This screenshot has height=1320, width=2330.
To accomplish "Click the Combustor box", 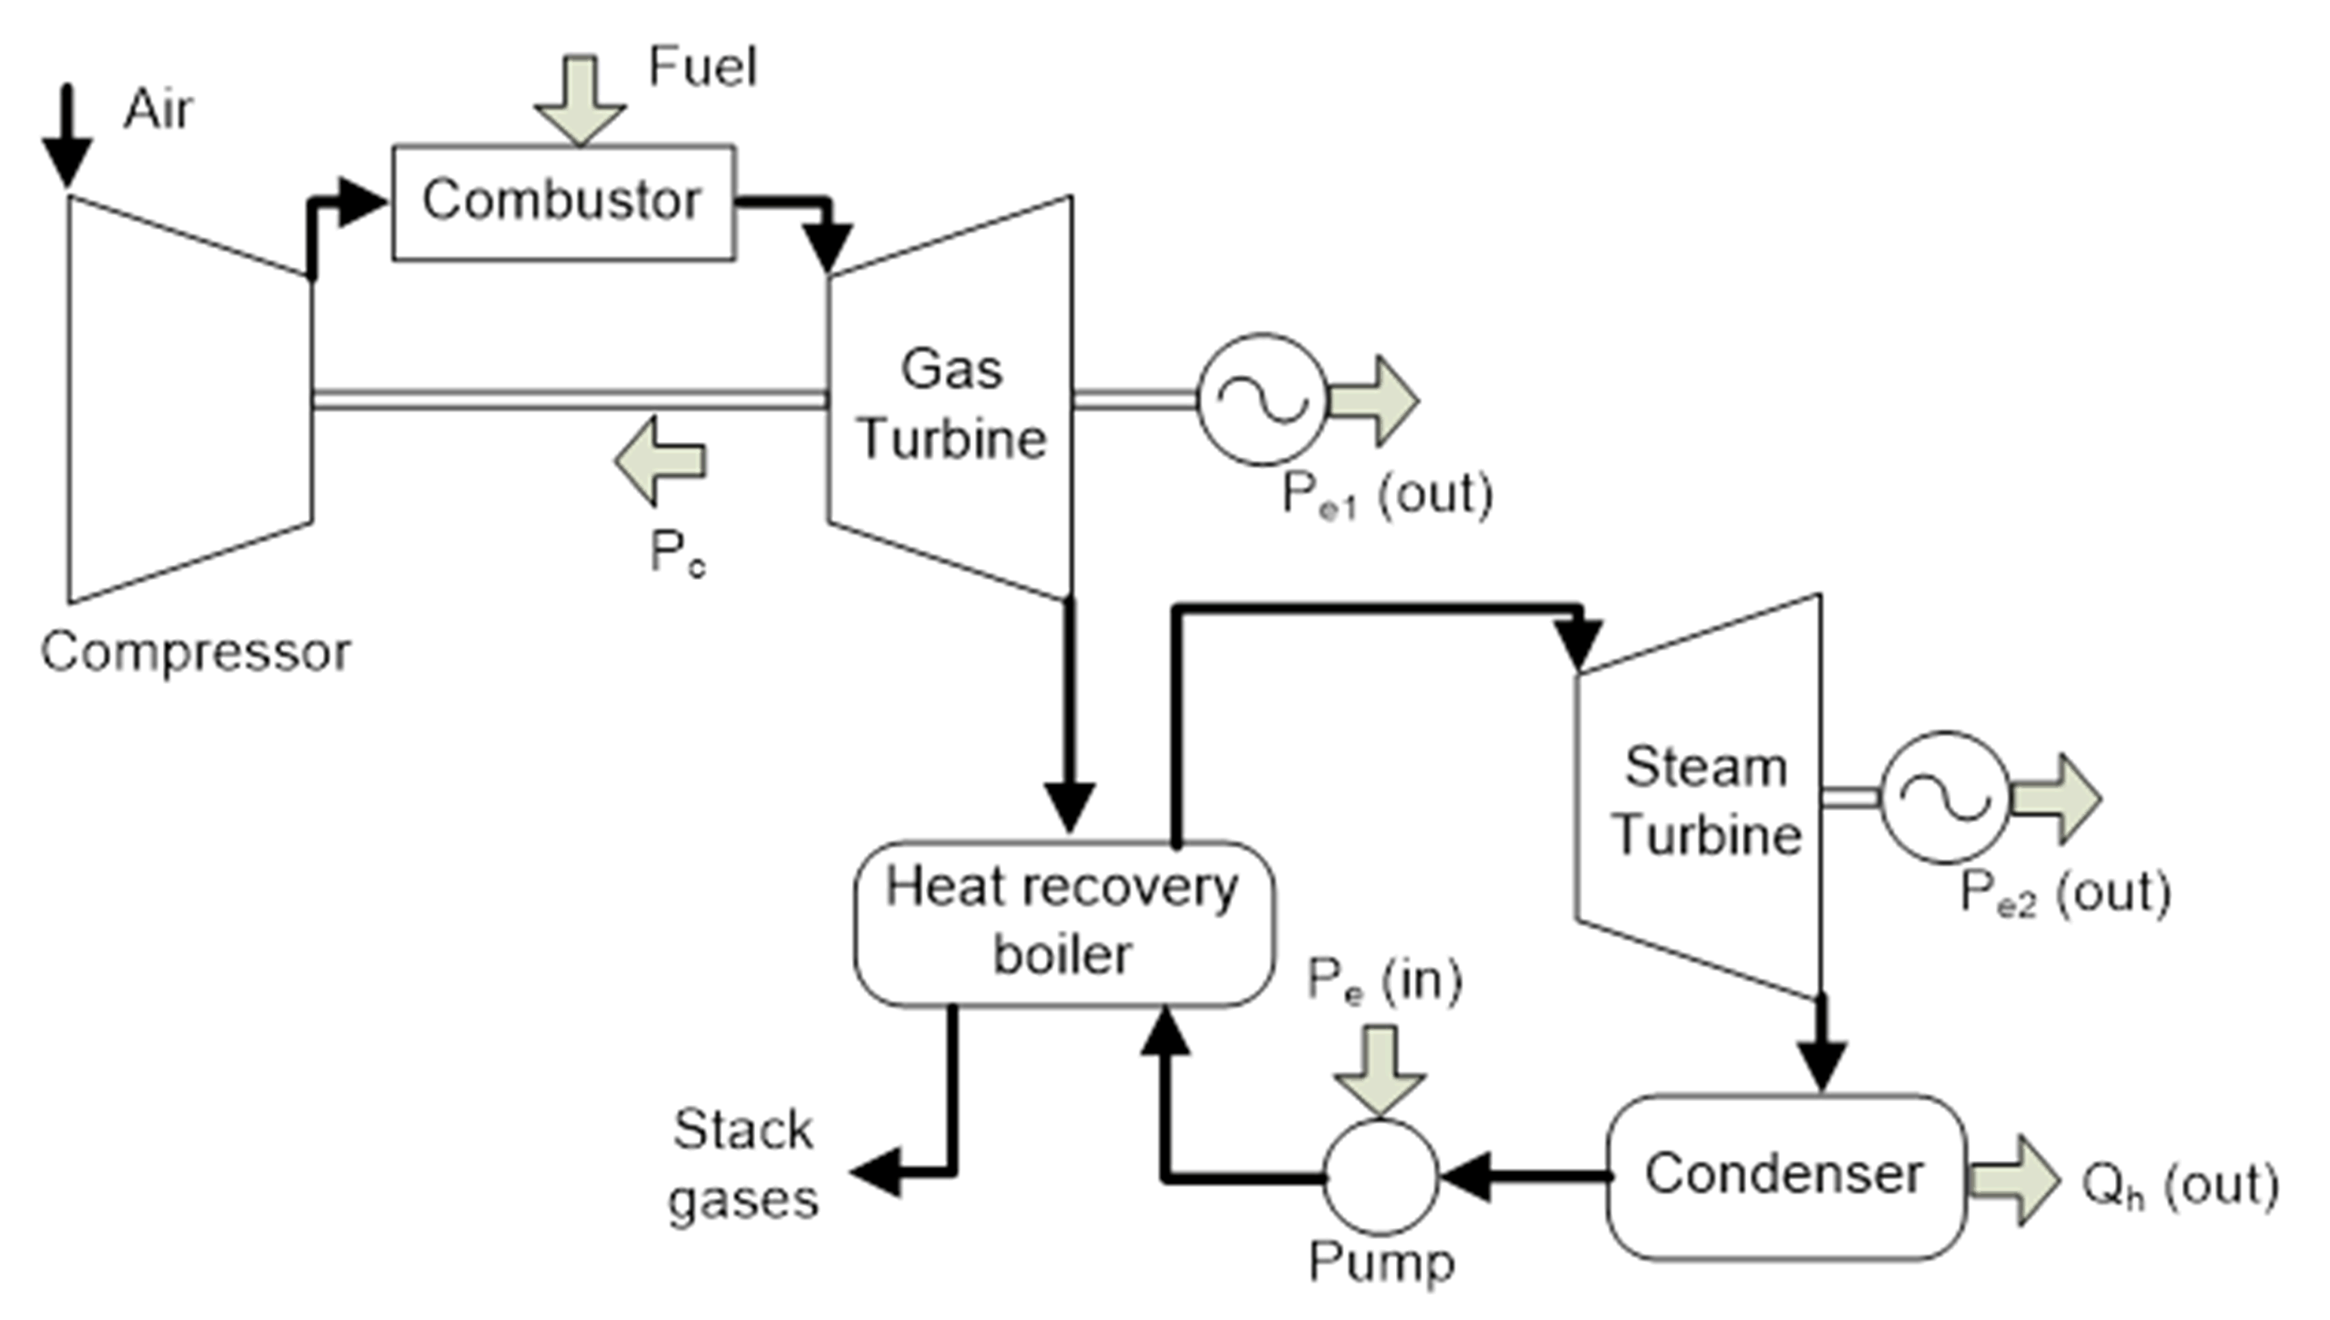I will (x=563, y=202).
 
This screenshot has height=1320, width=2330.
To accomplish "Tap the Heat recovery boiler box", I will (x=1063, y=923).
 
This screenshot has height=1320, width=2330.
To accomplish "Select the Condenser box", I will (x=1785, y=1176).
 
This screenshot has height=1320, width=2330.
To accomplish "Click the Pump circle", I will (x=1380, y=1177).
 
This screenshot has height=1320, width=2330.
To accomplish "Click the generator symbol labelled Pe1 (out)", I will (x=1262, y=399).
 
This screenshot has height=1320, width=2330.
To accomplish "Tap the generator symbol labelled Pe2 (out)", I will (x=1944, y=797).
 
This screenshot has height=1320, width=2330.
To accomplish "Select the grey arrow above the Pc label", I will (x=660, y=461).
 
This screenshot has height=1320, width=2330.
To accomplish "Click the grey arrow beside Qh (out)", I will (x=2012, y=1180).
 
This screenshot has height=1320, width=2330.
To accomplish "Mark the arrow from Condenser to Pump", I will (x=1523, y=1177).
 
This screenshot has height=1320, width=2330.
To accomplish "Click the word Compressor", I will (x=195, y=652).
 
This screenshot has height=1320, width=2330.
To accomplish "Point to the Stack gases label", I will (x=743, y=1165).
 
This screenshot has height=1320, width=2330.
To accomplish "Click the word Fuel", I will (x=702, y=67).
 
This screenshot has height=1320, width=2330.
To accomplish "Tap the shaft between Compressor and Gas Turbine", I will (x=570, y=400).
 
